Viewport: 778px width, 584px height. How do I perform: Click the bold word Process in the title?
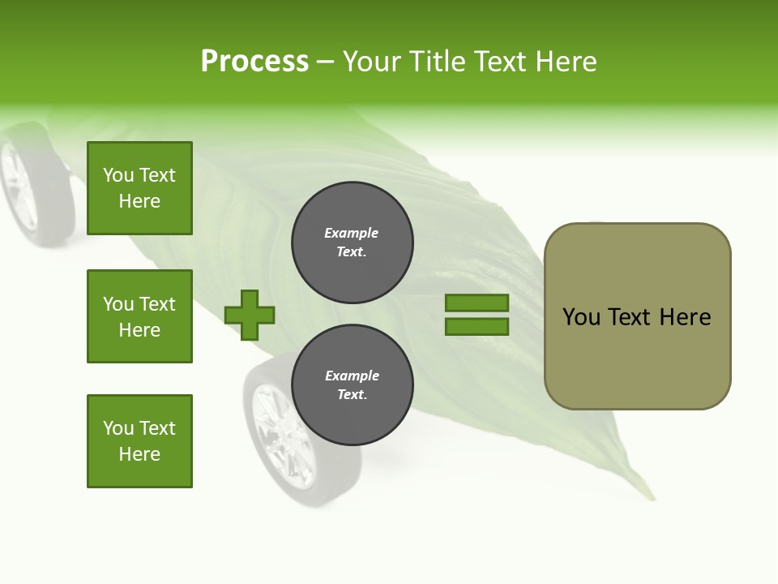coord(254,62)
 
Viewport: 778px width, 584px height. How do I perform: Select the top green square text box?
coord(139,188)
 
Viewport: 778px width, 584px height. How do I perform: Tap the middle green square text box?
coord(139,316)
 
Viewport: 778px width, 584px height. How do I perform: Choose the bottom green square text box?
coord(139,441)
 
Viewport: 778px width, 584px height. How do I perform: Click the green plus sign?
coord(250,315)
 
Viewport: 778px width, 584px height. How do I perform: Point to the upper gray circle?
coord(353,242)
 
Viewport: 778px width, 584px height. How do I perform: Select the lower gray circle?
coord(353,384)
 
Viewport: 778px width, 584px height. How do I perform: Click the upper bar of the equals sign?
coord(477,303)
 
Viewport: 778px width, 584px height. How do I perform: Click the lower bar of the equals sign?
coord(477,327)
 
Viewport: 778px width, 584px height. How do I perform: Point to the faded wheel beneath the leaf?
coord(280,434)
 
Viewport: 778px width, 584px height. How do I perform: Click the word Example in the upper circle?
coord(352,233)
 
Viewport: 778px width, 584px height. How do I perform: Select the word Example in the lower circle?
coord(352,376)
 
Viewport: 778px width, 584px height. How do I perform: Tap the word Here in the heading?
coord(566,62)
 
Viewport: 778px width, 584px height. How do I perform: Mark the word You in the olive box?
coord(581,317)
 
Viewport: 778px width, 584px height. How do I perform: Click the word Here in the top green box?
coord(139,201)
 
